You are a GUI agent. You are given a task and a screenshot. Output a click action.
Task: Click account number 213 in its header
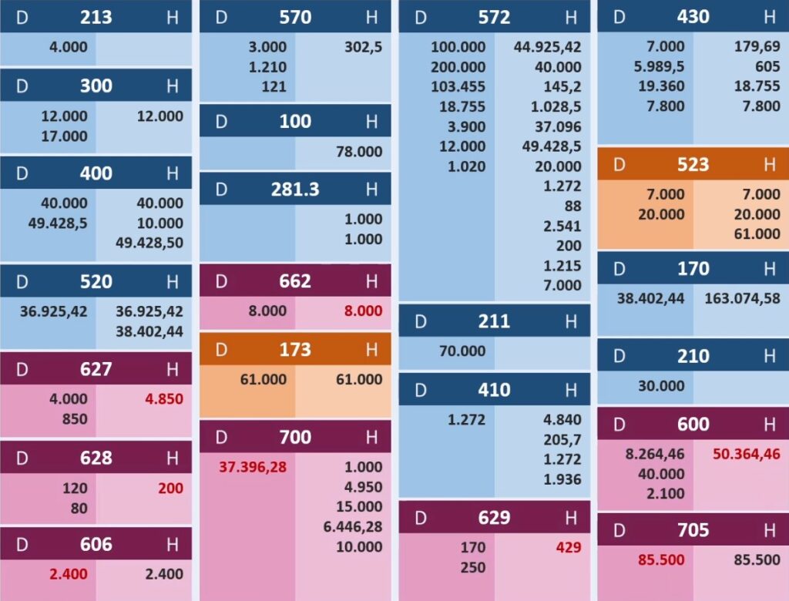pos(96,17)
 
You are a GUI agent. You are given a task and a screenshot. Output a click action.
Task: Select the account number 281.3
pos(295,189)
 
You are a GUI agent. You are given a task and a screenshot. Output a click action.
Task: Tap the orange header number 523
pos(693,164)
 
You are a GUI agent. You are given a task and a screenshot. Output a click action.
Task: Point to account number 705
pos(693,530)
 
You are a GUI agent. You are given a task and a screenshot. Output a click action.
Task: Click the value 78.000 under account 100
pos(359,152)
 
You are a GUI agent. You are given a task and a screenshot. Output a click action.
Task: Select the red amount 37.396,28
pos(253,467)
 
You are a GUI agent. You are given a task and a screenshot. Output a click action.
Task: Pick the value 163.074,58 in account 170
pos(742,298)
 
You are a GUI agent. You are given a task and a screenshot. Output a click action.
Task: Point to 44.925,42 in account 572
pos(548,47)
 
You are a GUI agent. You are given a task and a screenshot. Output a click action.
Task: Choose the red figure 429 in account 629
pos(568,548)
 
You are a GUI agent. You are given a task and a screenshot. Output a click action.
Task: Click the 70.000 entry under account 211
pos(462,351)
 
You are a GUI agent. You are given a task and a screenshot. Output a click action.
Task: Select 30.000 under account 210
pos(661,386)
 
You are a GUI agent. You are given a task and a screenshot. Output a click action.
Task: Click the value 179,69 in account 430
pos(757,47)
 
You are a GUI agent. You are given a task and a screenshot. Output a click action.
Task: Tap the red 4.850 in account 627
pos(163,399)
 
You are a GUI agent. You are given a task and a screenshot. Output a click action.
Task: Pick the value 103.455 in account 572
pos(458,87)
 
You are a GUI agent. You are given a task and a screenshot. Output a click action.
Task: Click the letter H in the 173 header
pos(371,350)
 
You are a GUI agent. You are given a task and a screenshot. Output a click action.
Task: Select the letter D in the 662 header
pos(221,281)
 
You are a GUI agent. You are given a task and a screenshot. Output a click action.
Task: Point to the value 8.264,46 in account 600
pos(655,454)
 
